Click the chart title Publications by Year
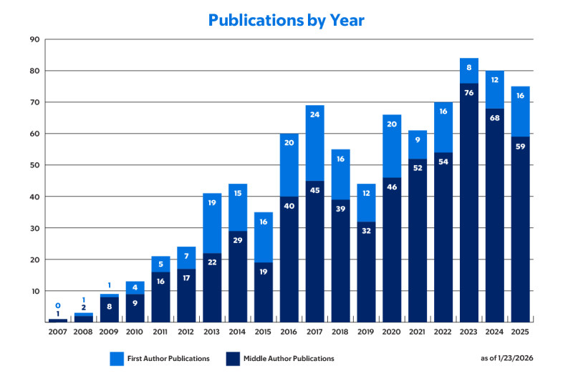pos(286,20)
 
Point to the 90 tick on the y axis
pos(34,39)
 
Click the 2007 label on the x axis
pos(58,332)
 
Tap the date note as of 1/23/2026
pos(507,357)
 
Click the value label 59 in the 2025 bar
pos(521,146)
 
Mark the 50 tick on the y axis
pos(34,165)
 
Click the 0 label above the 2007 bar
pos(58,305)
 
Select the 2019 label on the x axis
pos(366,332)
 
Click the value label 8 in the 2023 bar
pos(469,68)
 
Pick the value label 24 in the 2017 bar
pos(315,114)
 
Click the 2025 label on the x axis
pos(521,332)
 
